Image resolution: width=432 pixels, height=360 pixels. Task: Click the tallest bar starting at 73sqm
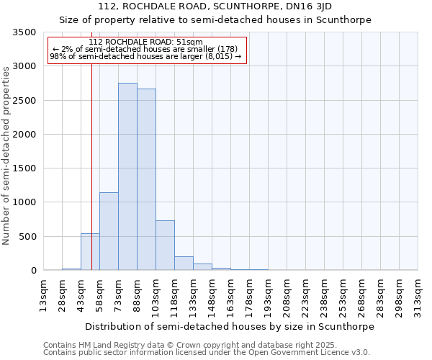(x=127, y=176)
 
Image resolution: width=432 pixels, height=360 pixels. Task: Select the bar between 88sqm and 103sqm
(x=146, y=179)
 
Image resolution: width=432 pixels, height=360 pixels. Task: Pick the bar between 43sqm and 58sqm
(x=90, y=252)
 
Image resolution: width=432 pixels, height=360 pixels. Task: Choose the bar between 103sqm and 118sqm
(x=165, y=245)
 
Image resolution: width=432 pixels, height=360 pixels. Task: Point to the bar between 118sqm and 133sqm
(x=184, y=263)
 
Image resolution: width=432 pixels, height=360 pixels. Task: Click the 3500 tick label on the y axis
(x=24, y=32)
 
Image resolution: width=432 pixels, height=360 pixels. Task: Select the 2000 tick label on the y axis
(x=24, y=135)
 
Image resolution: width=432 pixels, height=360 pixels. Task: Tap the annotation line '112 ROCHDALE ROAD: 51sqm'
(x=146, y=42)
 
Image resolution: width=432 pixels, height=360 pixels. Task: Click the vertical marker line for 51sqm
(x=91, y=166)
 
